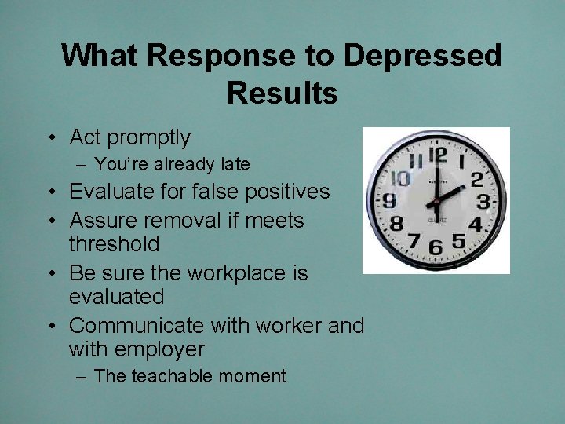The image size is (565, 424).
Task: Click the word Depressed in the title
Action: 423,56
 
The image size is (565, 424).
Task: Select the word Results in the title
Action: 282,93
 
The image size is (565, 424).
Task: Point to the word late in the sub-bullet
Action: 235,164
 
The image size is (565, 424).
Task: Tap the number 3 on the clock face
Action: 484,203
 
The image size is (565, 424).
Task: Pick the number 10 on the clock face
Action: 400,177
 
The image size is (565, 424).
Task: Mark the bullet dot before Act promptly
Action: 49,139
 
